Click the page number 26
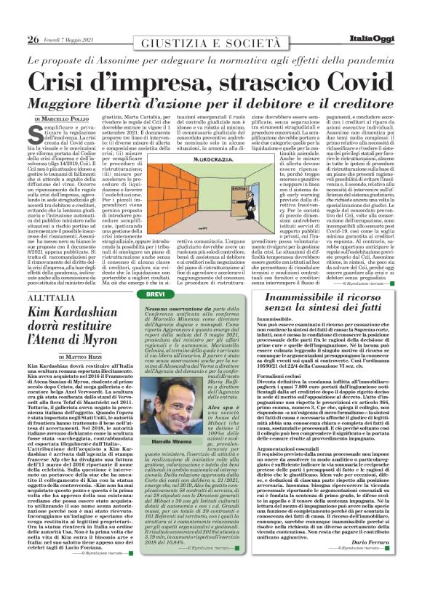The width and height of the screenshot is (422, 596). click(33, 39)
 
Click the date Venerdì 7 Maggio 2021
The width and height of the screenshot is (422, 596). click(68, 40)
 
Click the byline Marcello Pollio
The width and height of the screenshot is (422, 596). click(68, 118)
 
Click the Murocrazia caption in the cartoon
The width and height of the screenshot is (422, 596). click(223, 158)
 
